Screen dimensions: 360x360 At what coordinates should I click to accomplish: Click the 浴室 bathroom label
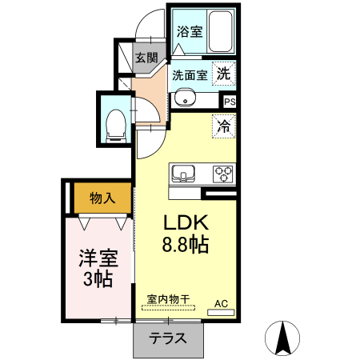click(x=190, y=33)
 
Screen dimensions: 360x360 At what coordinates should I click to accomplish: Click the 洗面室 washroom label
click(x=190, y=75)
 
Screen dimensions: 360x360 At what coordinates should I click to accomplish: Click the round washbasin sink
click(x=186, y=100)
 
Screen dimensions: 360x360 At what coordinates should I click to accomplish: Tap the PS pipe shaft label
click(x=230, y=102)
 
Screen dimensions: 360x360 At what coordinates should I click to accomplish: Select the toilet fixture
click(x=115, y=122)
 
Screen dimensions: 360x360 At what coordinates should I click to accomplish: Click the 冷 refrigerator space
click(x=224, y=126)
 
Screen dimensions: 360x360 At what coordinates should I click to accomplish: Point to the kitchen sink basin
click(x=183, y=172)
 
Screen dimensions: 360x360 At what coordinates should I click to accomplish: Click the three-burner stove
click(x=222, y=172)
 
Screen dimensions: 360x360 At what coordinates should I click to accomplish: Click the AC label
click(x=222, y=303)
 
